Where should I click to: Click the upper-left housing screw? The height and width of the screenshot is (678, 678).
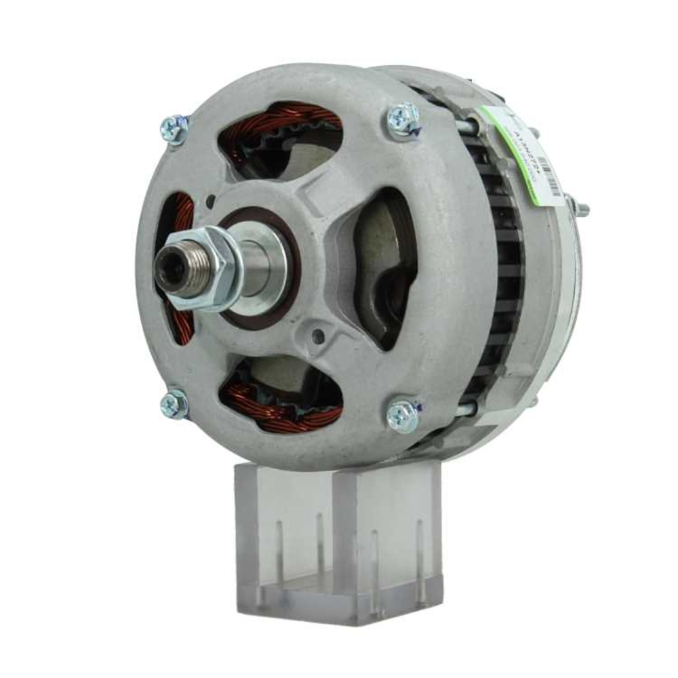point(174,129)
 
